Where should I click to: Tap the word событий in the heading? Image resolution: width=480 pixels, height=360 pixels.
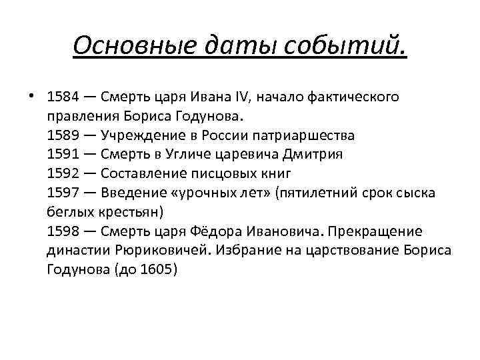pos(346,47)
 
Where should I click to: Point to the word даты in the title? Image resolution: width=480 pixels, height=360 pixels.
pos(240,47)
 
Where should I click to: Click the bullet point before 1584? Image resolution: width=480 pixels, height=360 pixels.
pos(31,97)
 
